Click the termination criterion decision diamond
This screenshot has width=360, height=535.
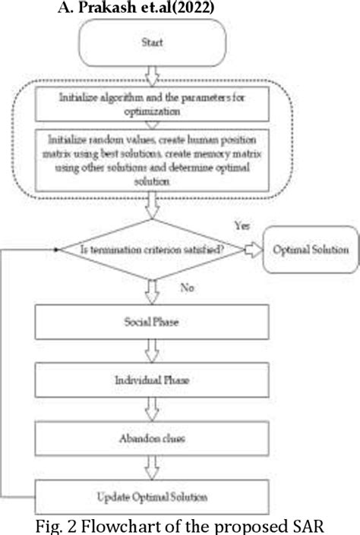156,250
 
